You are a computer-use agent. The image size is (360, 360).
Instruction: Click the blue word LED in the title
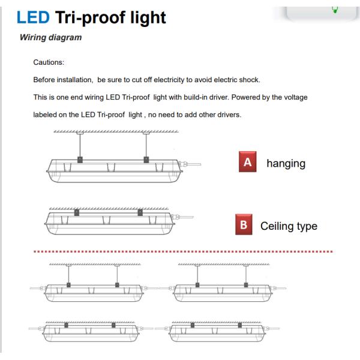[x=33, y=17]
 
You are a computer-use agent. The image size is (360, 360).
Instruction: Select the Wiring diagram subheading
[x=51, y=37]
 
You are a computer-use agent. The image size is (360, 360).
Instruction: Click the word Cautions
[x=49, y=62]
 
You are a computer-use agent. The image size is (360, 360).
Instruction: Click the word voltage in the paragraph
[x=296, y=97]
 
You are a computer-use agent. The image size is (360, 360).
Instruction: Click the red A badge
[x=247, y=161]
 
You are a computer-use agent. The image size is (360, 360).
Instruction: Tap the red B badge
[x=244, y=224]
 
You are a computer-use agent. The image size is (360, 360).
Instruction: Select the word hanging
[x=286, y=164]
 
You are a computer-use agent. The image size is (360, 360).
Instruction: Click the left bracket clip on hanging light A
[x=80, y=160]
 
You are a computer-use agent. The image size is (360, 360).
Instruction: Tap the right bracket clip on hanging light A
[x=146, y=160]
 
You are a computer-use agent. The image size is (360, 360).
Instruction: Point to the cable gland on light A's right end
[x=183, y=164]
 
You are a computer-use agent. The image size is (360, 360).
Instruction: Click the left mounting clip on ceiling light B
[x=77, y=212]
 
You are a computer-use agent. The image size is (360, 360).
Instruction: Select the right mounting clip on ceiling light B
[x=140, y=212]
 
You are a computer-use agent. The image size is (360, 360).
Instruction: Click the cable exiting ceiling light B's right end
[x=187, y=217]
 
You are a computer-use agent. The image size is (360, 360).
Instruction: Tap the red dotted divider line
[x=183, y=251]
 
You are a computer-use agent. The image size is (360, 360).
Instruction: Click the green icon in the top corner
[x=335, y=10]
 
